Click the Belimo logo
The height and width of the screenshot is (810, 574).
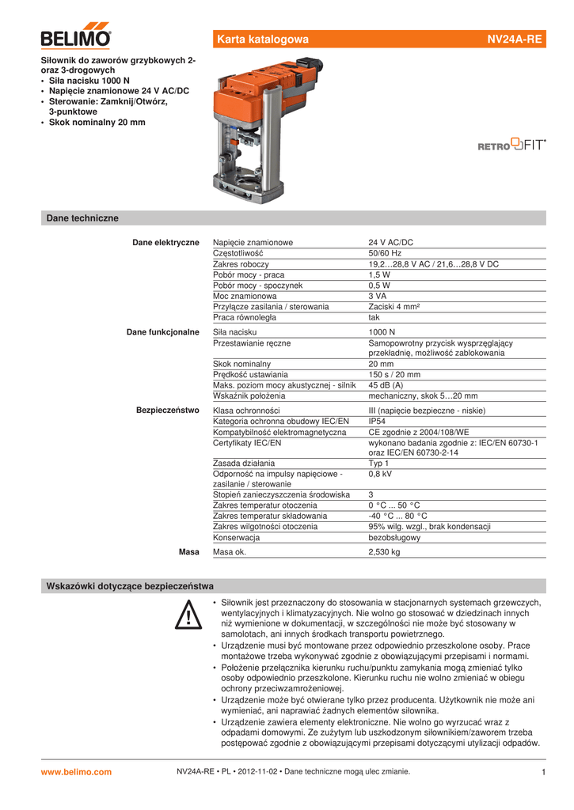point(76,36)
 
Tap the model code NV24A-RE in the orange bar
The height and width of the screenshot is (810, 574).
point(515,40)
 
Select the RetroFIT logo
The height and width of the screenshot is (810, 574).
point(511,145)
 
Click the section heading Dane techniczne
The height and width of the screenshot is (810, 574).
point(82,218)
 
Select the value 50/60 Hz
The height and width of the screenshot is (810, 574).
point(385,253)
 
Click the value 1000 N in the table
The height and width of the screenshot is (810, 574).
point(382,332)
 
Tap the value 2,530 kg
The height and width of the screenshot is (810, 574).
point(384,552)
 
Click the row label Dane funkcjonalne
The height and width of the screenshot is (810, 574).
point(163,332)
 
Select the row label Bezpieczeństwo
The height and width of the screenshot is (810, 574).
point(168,411)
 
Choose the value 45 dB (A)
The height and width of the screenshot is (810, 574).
point(386,385)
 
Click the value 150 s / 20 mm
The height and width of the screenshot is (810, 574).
point(394,374)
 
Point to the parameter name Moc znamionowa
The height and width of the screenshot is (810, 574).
point(245,296)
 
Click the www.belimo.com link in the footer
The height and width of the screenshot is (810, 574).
point(76,772)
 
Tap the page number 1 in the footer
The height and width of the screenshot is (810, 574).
point(544,772)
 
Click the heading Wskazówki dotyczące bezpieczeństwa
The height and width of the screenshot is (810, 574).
point(130,586)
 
